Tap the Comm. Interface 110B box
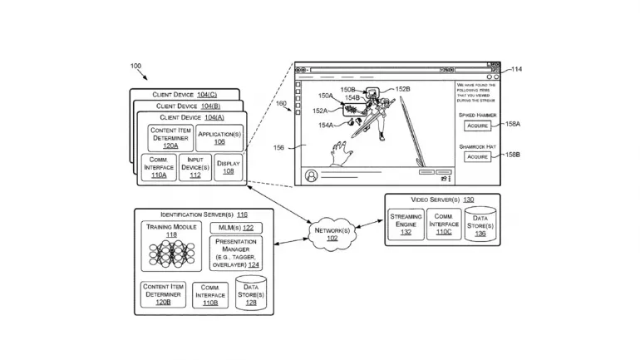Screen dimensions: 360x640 click(210, 293)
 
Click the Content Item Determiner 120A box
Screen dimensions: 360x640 click(170, 137)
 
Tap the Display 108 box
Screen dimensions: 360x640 click(228, 166)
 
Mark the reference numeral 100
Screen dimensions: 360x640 click(135, 66)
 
